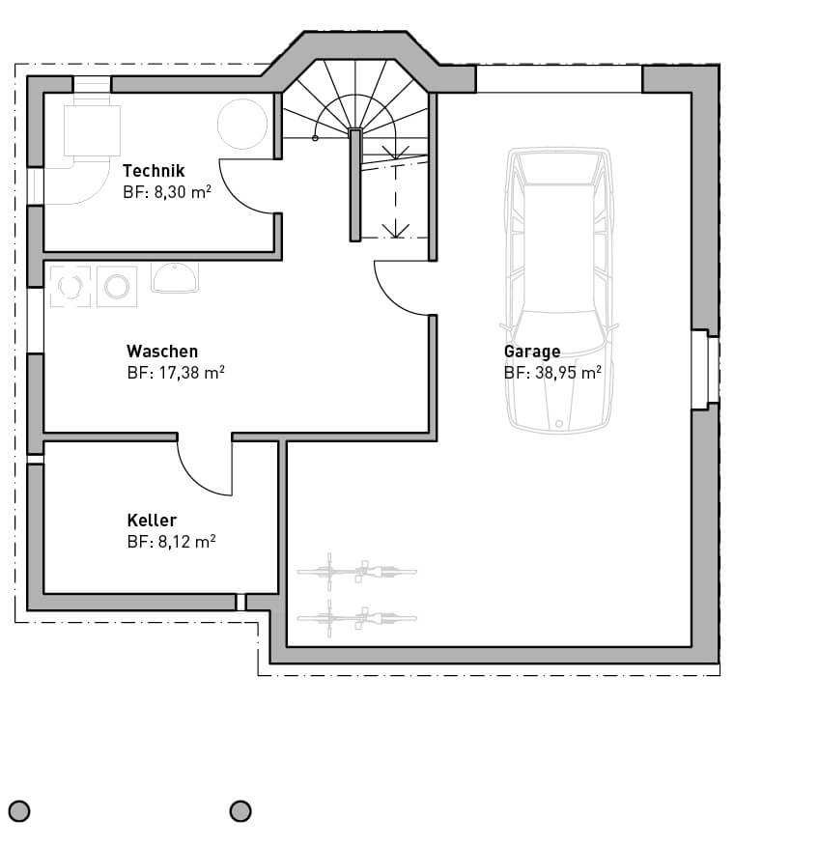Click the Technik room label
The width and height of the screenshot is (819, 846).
pos(154,171)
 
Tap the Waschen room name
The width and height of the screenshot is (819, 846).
pos(162,352)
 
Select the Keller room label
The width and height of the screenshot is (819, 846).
pos(153,521)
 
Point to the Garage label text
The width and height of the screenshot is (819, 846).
pos(532,352)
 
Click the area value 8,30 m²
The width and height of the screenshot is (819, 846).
pos(183,192)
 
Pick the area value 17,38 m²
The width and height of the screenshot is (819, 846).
pos(191,373)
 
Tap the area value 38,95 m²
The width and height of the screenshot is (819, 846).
pos(568,373)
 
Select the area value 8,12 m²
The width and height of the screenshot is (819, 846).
pos(186,542)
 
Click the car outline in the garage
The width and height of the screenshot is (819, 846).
pos(558,292)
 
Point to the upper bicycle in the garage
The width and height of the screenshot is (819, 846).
pos(356,572)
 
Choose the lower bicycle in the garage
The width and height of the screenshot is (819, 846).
pos(356,618)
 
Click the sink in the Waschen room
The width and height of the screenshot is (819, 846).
pos(175,278)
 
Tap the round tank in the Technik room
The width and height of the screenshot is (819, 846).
pos(242,124)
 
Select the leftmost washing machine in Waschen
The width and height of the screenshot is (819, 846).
pos(71,287)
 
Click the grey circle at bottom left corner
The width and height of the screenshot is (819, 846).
pos(19,811)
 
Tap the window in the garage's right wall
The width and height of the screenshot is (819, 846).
pos(706,370)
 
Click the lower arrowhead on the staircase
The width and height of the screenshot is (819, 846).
pos(395,231)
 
